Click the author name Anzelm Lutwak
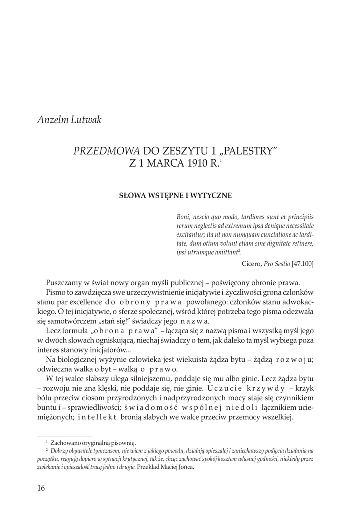pyautogui.click(x=70, y=120)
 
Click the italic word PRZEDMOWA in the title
pyautogui.click(x=106, y=150)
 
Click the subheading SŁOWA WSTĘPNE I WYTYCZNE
pyautogui.click(x=175, y=195)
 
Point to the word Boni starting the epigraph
pyautogui.click(x=184, y=217)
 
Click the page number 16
pyautogui.click(x=41, y=488)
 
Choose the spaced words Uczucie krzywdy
pyautogui.click(x=250, y=388)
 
